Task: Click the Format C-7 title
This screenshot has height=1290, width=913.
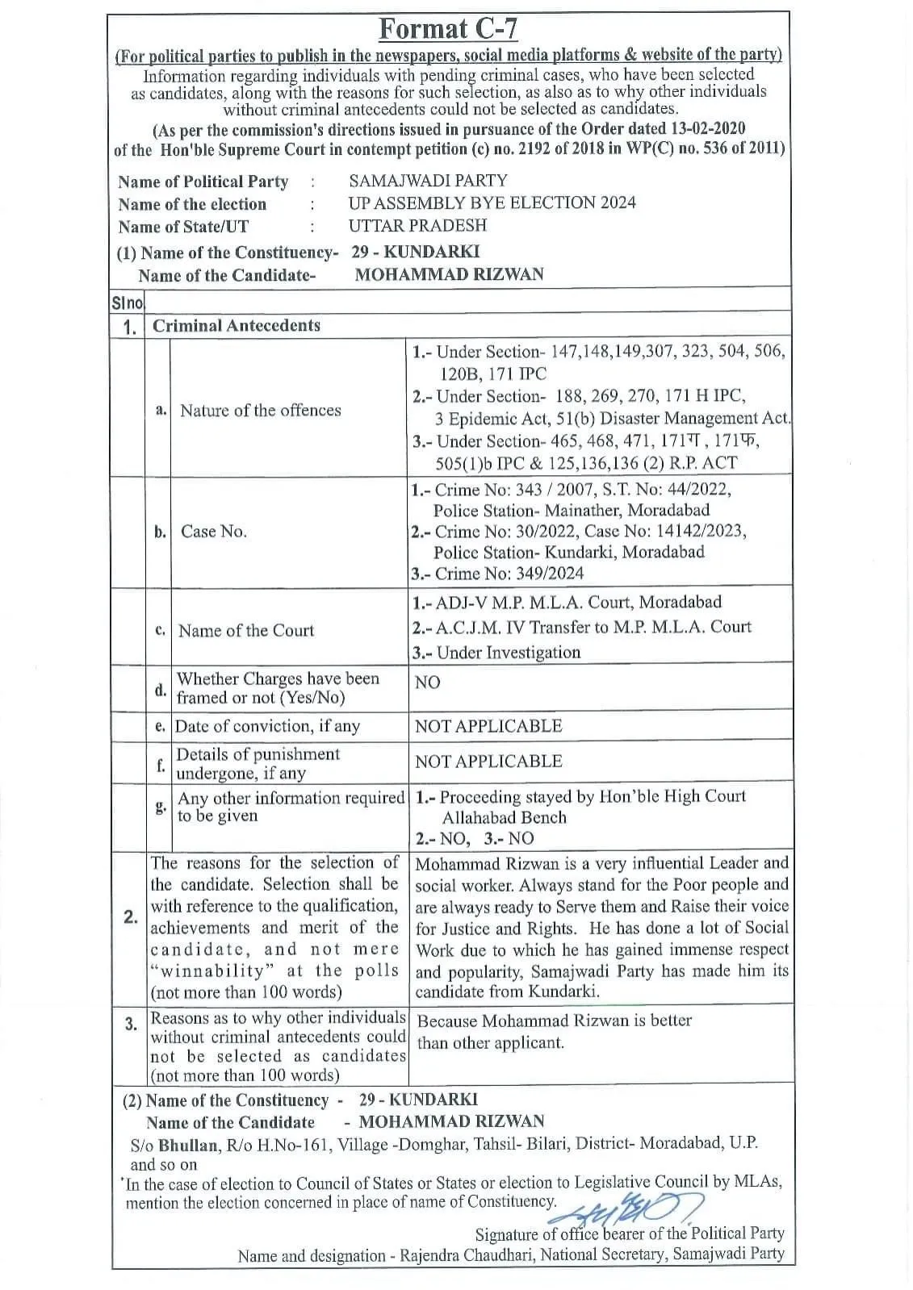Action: tap(448, 29)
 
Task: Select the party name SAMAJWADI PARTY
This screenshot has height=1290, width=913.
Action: tap(428, 181)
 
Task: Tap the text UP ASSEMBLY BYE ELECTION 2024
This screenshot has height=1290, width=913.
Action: tap(492, 202)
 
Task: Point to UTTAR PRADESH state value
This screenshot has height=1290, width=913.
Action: tap(417, 225)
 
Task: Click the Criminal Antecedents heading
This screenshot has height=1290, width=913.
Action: tap(237, 325)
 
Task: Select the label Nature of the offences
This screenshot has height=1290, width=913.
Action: tap(260, 410)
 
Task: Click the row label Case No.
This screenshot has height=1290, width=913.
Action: tap(214, 531)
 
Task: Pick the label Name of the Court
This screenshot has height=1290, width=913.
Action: tap(246, 630)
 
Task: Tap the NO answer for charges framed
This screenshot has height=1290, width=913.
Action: tap(427, 683)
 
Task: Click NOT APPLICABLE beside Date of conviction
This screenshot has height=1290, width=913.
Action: tap(488, 725)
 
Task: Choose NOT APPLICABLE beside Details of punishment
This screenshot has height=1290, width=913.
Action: tap(488, 761)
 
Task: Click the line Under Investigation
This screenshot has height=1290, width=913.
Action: tap(508, 652)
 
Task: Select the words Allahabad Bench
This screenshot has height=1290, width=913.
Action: tap(504, 817)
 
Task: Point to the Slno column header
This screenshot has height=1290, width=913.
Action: tap(127, 303)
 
